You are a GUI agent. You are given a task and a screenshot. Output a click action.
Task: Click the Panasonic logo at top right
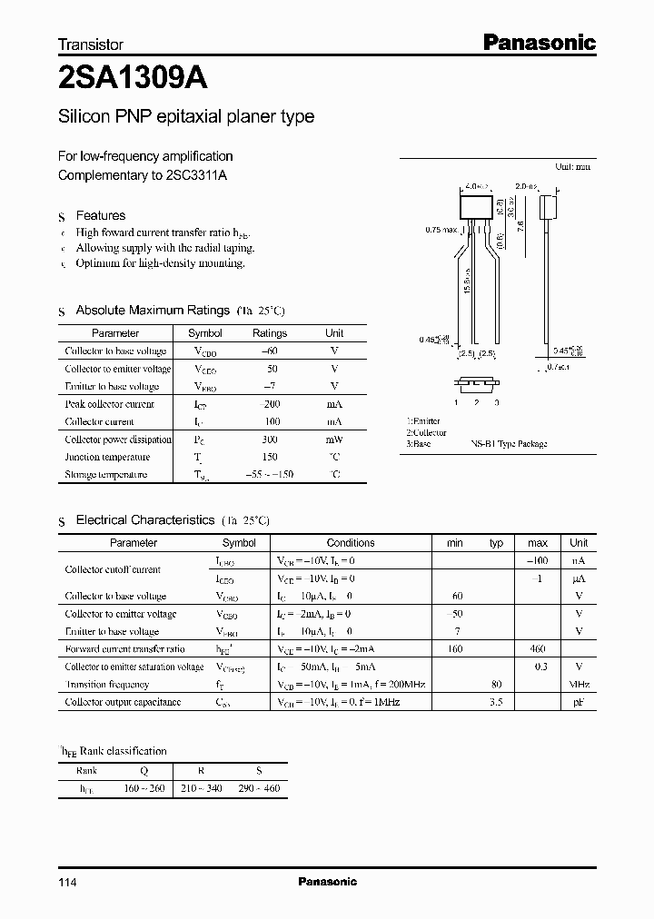pos(538,42)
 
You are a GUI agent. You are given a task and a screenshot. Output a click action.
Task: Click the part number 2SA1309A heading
pos(133,79)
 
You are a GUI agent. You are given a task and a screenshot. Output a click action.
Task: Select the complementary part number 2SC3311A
pos(196,175)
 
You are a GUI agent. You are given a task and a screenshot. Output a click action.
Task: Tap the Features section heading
pos(100,216)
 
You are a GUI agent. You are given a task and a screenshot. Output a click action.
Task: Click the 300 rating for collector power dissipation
pos(269,440)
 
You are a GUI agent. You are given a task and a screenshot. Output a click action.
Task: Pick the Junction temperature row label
pos(107,457)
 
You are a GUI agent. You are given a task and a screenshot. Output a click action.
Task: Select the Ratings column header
pos(269,333)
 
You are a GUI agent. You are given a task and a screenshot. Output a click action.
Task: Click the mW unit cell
pos(334,440)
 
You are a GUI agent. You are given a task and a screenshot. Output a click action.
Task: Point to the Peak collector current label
pos(109,404)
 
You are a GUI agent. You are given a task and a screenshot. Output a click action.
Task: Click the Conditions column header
pos(351,543)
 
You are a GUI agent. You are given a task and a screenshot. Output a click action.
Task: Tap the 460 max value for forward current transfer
pos(537,649)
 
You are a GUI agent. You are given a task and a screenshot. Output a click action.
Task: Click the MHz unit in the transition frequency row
pos(579,685)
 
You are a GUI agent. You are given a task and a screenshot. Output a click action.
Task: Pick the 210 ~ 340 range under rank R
pos(202,788)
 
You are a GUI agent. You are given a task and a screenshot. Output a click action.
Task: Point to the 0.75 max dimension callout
pos(441,231)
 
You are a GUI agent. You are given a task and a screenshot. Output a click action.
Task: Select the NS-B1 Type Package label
pos(509,444)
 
